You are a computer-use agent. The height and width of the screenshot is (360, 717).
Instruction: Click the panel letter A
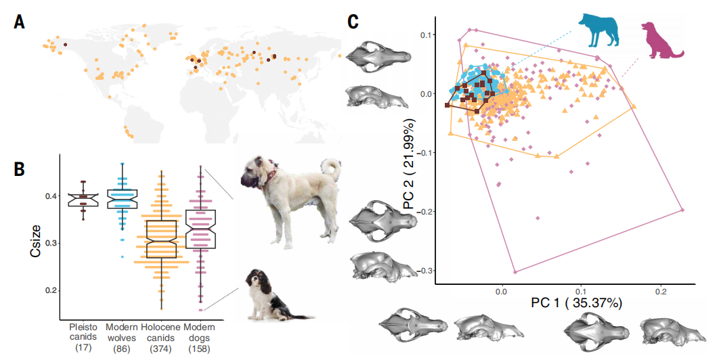(x=20, y=22)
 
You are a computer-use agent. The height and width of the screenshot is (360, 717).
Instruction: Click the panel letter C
(x=353, y=22)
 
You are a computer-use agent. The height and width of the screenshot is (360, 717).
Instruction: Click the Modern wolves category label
(x=122, y=337)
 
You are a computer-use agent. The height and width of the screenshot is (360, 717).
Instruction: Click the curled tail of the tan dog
(x=330, y=170)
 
